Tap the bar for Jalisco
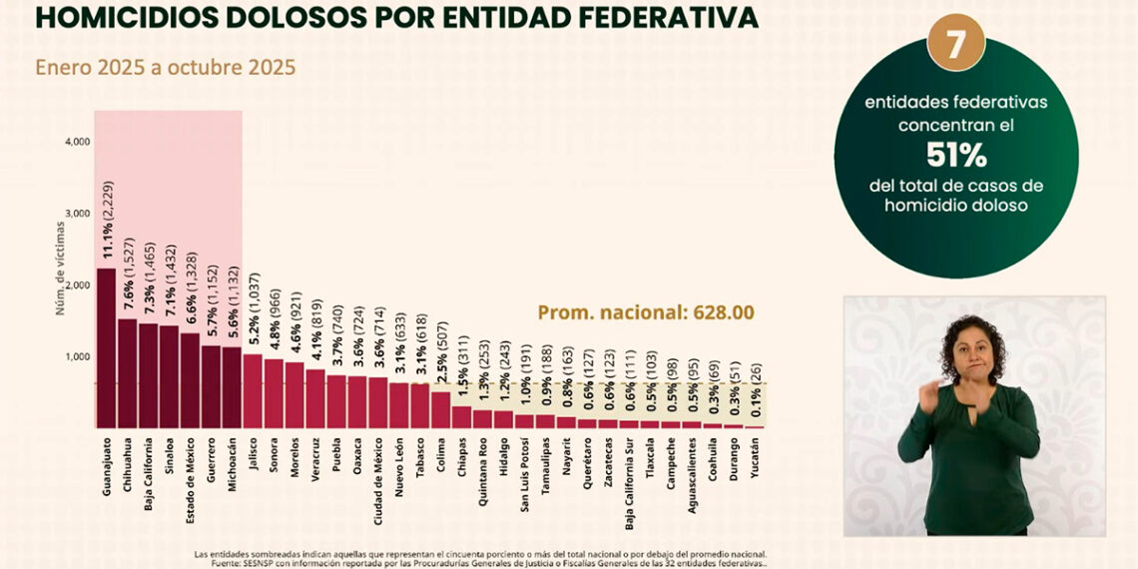(253, 389)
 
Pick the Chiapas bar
(461, 415)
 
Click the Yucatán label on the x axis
(754, 455)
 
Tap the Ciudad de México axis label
(378, 478)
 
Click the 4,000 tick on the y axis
(77, 142)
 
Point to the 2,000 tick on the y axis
(77, 285)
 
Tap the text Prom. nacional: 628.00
(646, 312)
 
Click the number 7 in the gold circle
(955, 45)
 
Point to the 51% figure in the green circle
(955, 156)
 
